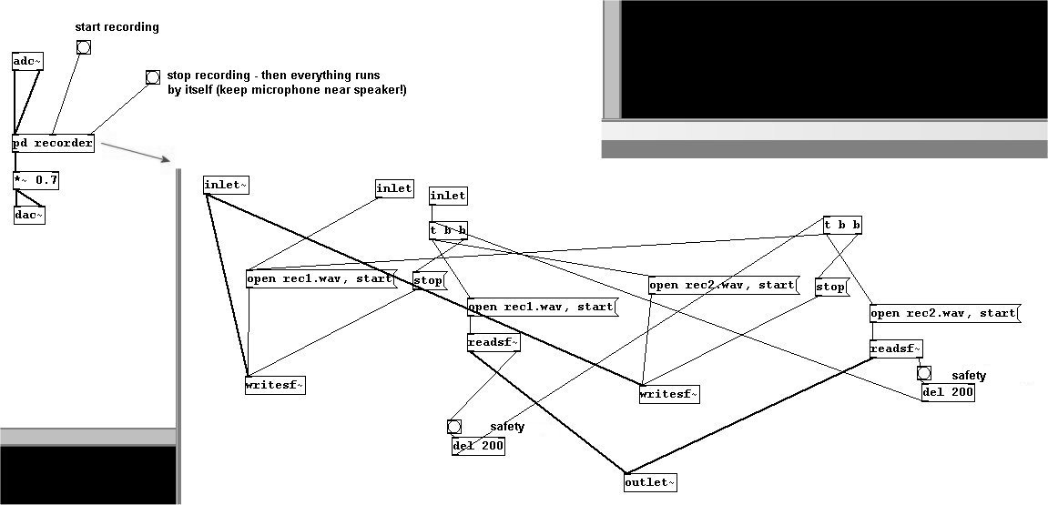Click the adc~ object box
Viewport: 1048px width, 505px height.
[x=28, y=61]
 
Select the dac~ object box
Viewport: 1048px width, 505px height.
[x=29, y=216]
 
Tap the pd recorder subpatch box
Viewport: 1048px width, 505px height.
[x=53, y=144]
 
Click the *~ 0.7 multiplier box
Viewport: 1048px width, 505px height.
[x=36, y=180]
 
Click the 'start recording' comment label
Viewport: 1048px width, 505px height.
[x=117, y=27]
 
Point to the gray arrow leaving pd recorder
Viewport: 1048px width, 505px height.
[x=137, y=150]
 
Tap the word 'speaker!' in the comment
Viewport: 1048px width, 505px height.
[x=380, y=90]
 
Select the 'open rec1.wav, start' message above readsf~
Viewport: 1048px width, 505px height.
[x=542, y=307]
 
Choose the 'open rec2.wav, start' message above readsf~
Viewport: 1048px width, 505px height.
[x=944, y=313]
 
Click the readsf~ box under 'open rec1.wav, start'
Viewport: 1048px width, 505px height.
[x=493, y=342]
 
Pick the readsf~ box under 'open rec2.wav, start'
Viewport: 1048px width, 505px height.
[x=896, y=348]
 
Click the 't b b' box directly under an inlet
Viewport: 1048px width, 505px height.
[x=449, y=230]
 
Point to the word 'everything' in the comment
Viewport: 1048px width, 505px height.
[x=309, y=75]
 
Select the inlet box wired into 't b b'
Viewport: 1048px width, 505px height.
[x=448, y=195]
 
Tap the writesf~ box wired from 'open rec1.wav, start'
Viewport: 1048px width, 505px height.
[x=275, y=385]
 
